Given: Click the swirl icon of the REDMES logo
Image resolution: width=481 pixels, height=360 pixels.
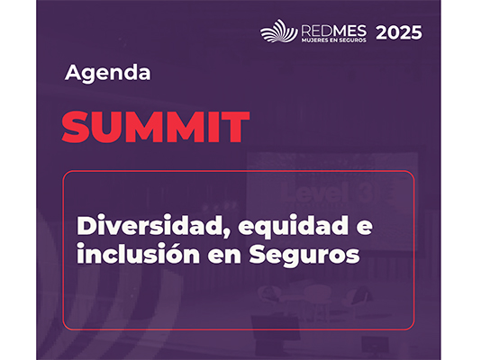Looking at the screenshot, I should [x=278, y=31].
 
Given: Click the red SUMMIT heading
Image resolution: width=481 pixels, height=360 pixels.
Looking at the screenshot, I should [x=155, y=128].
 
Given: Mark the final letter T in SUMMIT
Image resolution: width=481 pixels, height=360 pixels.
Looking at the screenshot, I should [x=235, y=128].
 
